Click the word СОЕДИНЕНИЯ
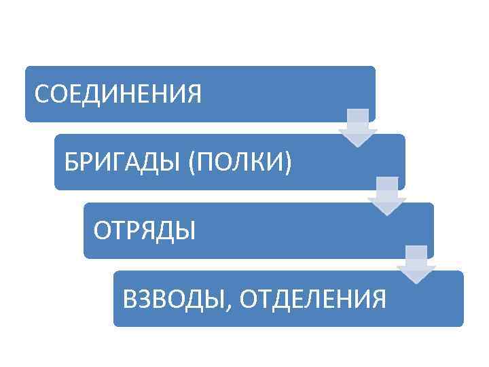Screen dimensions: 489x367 click(x=118, y=94)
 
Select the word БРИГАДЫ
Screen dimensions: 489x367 click(x=117, y=162)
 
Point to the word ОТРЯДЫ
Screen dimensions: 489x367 click(x=145, y=230)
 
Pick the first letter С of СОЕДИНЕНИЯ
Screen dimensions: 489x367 click(x=41, y=94)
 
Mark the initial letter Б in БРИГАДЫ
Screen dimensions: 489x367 click(x=70, y=162)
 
